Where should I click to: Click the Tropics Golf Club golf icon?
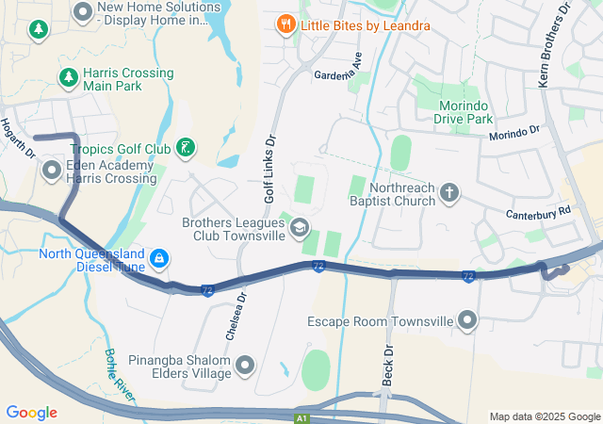(x=187, y=146)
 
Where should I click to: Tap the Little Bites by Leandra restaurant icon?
(x=284, y=24)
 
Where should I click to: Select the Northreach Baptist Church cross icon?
(x=449, y=194)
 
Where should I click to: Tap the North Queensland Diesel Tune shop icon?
(x=159, y=256)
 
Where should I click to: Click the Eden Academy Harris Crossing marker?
(x=51, y=170)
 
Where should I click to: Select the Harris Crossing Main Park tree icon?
(x=67, y=77)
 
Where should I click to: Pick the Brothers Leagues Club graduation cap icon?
(x=299, y=226)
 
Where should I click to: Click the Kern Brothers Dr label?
(x=555, y=45)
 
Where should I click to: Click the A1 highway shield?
(x=301, y=417)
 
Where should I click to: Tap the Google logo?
(x=31, y=413)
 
